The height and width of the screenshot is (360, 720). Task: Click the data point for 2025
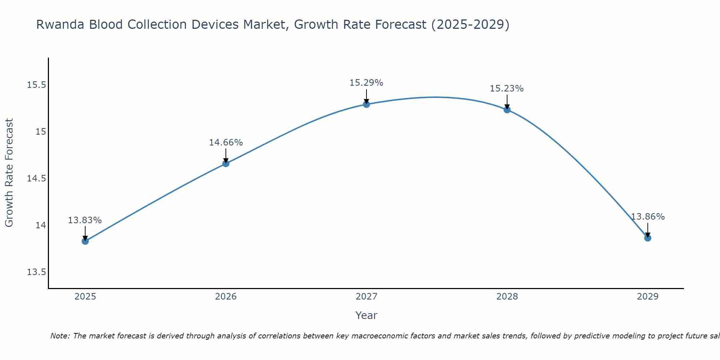click(85, 241)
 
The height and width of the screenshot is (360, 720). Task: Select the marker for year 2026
click(226, 163)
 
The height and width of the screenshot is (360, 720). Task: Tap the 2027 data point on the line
click(366, 104)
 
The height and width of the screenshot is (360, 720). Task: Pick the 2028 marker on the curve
click(507, 110)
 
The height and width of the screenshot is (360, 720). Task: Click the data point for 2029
click(648, 238)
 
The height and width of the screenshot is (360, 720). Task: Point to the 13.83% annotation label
click(85, 220)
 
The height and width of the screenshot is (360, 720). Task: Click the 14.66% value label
click(226, 143)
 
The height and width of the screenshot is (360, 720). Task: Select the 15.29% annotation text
click(366, 83)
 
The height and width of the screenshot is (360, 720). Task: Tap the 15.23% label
click(507, 89)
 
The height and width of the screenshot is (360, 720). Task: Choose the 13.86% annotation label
click(648, 217)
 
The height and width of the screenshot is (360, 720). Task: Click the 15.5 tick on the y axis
click(36, 85)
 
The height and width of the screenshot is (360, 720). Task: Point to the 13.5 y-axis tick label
click(36, 272)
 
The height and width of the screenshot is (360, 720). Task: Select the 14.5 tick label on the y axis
click(36, 179)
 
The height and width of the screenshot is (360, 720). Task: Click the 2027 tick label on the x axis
click(366, 297)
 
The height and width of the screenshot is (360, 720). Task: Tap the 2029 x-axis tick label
click(648, 297)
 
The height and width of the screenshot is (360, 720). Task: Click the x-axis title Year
click(366, 315)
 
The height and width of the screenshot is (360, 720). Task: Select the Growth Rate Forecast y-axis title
click(9, 173)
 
